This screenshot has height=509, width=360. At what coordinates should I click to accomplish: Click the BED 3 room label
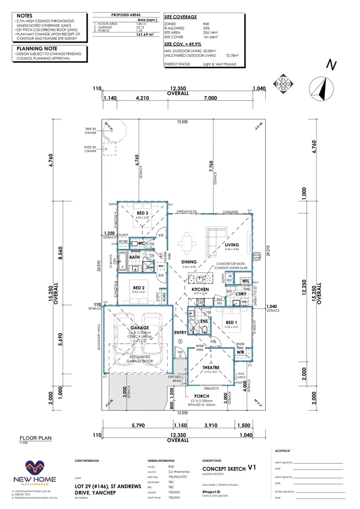click(x=138, y=213)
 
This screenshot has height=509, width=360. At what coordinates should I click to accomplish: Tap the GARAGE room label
click(x=140, y=328)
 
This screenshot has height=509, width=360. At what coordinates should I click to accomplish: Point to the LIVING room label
click(x=231, y=245)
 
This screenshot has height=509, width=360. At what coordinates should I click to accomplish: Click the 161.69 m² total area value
click(x=145, y=35)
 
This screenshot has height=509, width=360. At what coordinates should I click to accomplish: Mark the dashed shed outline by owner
click(x=109, y=149)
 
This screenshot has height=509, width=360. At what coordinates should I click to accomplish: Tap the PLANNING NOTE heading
click(x=37, y=48)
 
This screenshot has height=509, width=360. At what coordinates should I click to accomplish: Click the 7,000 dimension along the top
click(x=210, y=98)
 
